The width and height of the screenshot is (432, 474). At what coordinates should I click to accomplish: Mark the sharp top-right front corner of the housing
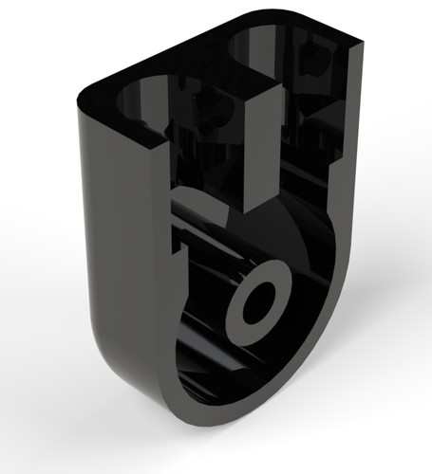[x=364, y=43]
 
